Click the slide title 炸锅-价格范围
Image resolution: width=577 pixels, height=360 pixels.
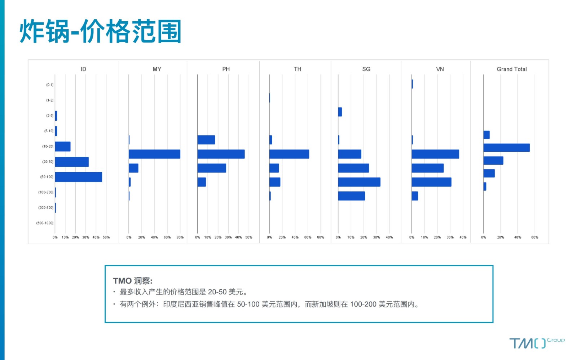101,31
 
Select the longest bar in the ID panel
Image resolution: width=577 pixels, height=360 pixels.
79,177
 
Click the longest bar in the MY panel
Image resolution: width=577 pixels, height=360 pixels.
155,154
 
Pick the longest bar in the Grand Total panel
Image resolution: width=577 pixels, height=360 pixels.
507,148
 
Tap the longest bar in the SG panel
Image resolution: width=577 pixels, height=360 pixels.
359,182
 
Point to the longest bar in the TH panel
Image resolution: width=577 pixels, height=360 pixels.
289,154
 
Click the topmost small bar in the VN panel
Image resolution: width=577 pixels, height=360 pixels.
413,84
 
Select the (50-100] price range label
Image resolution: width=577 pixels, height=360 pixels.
47,177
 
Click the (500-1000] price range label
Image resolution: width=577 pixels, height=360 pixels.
45,223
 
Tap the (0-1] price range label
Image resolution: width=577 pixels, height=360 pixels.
50,85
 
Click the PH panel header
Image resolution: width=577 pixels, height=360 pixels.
226,69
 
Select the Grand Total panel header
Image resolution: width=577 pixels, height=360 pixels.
512,69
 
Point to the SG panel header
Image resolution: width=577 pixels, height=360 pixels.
366,69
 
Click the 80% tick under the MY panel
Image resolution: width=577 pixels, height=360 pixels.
180,237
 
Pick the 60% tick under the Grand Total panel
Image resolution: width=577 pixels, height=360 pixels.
535,237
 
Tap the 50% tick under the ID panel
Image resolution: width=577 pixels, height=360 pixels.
106,237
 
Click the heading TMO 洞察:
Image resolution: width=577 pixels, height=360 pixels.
133,280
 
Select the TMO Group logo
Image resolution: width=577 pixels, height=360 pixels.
537,343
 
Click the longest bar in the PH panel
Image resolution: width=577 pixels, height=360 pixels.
221,154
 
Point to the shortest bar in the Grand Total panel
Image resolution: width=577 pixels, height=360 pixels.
485,187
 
